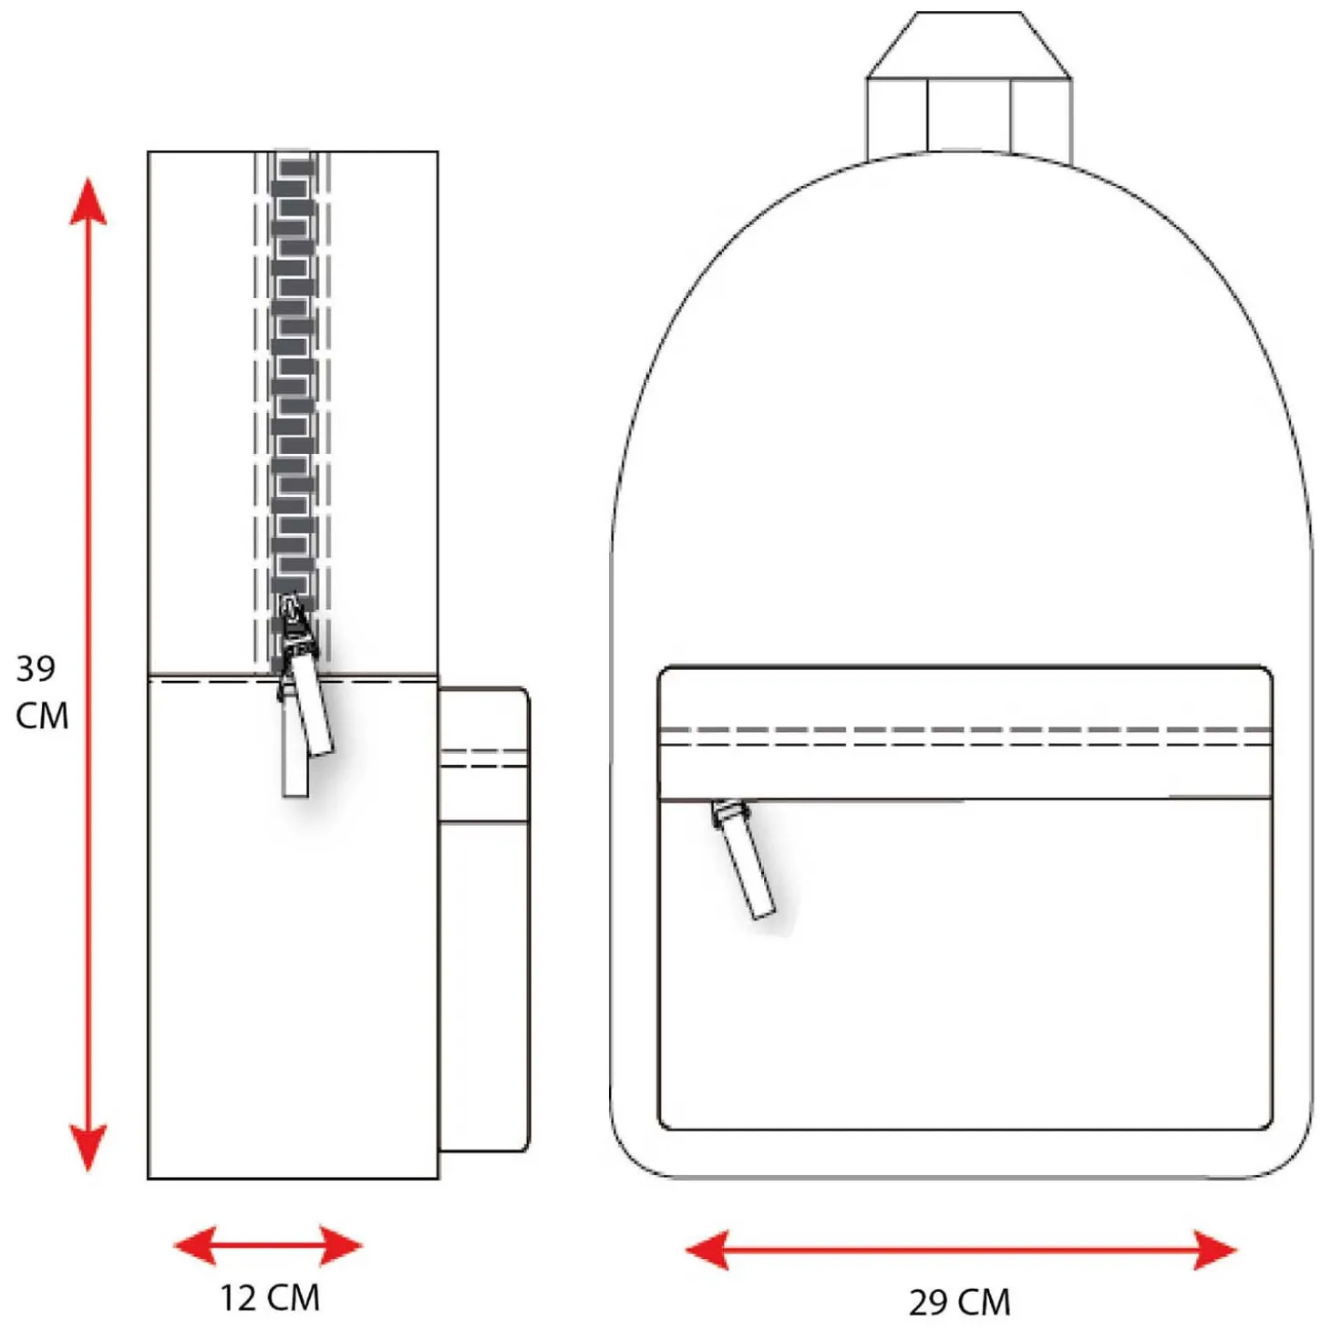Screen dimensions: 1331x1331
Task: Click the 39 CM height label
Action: pyautogui.click(x=42, y=692)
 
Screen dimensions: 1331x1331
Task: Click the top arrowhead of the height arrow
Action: pyautogui.click(x=88, y=201)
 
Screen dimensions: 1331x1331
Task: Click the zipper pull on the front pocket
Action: pyautogui.click(x=744, y=859)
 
